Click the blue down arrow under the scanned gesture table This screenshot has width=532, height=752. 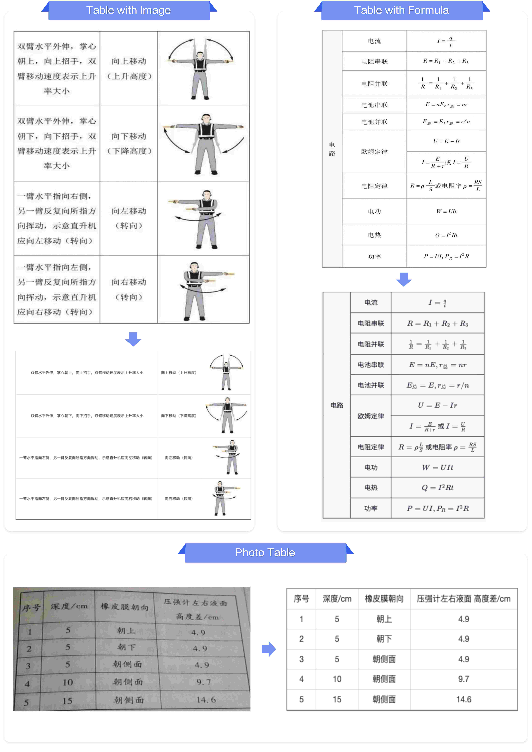click(x=133, y=339)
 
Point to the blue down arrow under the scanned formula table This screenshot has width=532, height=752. click(x=404, y=279)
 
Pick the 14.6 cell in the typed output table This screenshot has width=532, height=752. click(x=464, y=699)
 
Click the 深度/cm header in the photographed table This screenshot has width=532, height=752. click(x=69, y=606)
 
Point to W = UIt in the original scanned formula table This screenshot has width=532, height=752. click(x=446, y=211)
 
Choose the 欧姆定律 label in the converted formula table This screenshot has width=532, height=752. click(x=370, y=416)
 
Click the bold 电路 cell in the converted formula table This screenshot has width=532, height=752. click(x=337, y=405)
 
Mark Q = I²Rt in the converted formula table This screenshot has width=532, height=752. click(x=437, y=488)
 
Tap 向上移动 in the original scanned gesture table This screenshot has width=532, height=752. click(x=129, y=61)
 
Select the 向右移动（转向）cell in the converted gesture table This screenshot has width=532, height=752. click(x=179, y=498)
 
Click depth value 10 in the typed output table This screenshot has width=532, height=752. click(x=337, y=679)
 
